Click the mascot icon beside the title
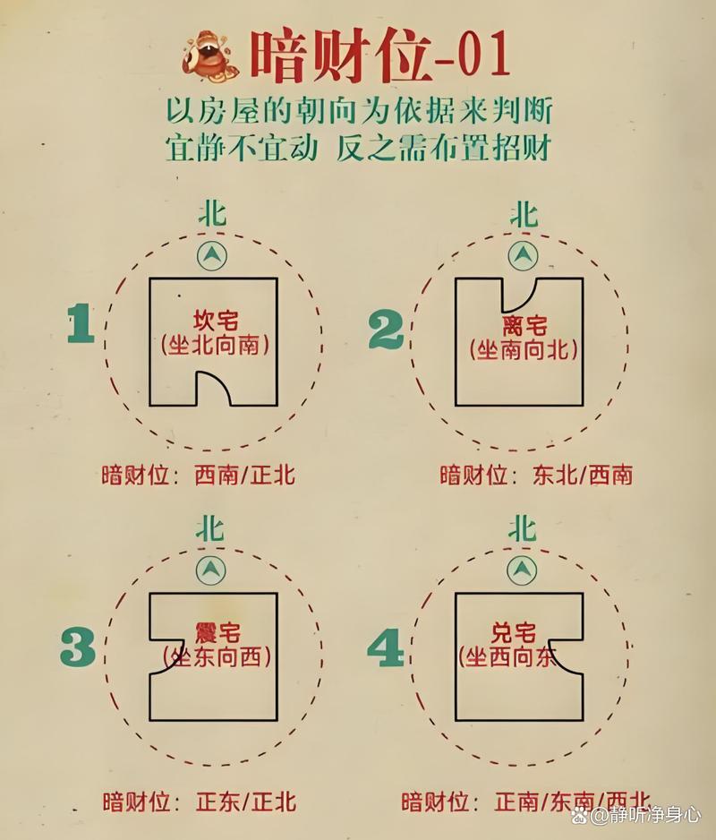click(209, 56)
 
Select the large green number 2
click(386, 330)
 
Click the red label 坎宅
click(216, 321)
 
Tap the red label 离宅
click(524, 325)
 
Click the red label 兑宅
click(513, 633)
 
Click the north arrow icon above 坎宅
click(212, 255)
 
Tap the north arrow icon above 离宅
click(524, 256)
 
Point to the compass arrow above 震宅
click(211, 570)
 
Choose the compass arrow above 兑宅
click(522, 570)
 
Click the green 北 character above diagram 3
click(210, 529)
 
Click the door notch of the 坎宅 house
click(214, 388)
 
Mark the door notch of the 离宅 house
click(520, 295)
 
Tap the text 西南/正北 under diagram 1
click(244, 476)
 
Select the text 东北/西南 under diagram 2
click(583, 476)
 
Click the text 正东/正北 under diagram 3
click(246, 802)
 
